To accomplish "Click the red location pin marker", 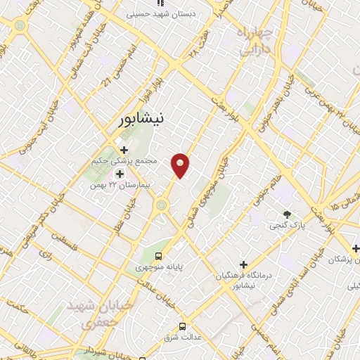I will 181,165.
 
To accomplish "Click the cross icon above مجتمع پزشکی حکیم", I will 124,149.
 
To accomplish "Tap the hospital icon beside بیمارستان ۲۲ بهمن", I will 119,174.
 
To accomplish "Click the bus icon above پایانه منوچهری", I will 159,256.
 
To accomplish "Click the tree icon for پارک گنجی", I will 286,214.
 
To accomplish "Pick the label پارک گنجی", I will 287,226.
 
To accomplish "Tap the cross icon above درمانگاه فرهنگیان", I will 244,264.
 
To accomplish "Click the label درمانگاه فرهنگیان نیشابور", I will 243,281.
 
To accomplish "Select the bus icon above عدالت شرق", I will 183,326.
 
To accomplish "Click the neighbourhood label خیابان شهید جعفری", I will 89,314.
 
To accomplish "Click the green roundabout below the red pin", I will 163,205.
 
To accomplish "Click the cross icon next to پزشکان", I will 356,248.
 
